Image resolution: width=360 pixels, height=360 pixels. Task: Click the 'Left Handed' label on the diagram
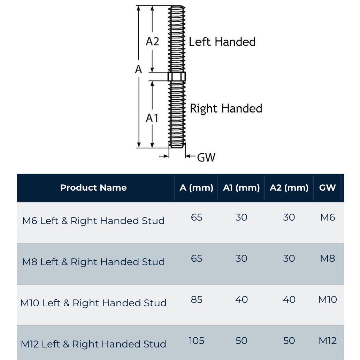tap(222, 42)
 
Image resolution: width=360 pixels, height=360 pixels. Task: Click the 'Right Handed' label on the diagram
tap(226, 108)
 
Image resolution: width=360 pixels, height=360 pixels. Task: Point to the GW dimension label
tap(206, 157)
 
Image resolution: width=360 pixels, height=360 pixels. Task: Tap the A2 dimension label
tap(152, 41)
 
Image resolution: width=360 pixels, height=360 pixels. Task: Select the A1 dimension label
tap(152, 118)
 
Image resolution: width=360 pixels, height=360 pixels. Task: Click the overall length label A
tap(139, 69)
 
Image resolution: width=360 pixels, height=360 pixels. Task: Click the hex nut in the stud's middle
tap(177, 76)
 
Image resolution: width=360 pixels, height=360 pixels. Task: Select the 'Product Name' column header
tap(93, 187)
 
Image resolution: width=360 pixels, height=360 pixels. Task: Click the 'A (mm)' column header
tap(197, 188)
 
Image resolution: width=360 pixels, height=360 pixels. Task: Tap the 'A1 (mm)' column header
tap(241, 188)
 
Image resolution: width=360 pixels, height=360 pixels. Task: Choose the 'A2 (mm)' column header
tap(289, 188)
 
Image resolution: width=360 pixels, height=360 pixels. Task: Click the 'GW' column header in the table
tap(327, 188)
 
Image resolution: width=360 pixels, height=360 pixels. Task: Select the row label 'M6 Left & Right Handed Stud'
tap(93, 221)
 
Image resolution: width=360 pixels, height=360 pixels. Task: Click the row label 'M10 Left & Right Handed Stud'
tap(93, 303)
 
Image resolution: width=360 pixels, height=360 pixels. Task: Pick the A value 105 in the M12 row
tap(197, 340)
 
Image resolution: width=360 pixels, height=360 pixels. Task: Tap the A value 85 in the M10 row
tap(197, 299)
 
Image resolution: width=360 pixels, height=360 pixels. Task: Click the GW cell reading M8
tap(327, 258)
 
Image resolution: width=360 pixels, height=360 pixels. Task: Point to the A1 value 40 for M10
tap(241, 299)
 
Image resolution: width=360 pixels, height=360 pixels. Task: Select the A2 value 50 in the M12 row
tap(289, 340)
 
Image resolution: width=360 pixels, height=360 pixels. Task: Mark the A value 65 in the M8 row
tap(197, 258)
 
